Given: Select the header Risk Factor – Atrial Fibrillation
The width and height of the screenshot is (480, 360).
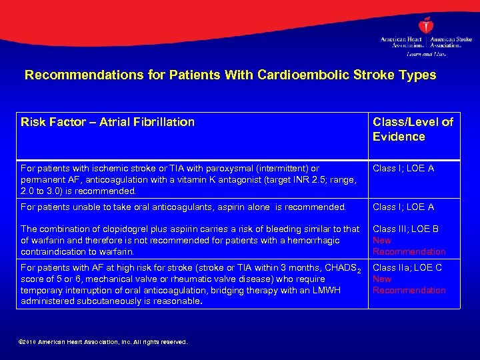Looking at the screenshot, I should (x=107, y=122).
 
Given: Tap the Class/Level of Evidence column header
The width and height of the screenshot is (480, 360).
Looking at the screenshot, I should (x=413, y=129).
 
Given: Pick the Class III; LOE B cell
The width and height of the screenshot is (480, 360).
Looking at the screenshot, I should (x=405, y=229).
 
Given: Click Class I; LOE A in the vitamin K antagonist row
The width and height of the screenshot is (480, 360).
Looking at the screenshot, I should (x=403, y=169).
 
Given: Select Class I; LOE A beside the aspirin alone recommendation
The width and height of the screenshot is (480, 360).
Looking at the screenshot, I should (x=403, y=207).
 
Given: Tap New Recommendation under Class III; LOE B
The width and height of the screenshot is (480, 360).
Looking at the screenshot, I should (x=409, y=246).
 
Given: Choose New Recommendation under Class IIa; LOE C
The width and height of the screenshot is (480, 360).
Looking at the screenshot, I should (x=409, y=285).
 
